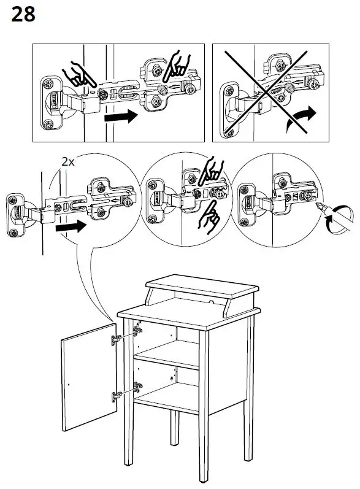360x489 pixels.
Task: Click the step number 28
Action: tap(23, 14)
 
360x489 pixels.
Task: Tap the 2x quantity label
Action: tap(68, 162)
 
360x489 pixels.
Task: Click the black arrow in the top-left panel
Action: tap(121, 117)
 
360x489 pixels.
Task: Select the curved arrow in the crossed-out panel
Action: tap(301, 119)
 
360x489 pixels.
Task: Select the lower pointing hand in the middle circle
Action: tap(209, 217)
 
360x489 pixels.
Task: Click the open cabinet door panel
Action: tap(89, 377)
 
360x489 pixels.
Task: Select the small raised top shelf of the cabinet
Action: tap(202, 290)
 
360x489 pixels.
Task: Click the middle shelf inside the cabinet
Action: tap(167, 354)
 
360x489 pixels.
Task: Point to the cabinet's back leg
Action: tap(175, 427)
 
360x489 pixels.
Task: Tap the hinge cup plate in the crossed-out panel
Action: tap(231, 110)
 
